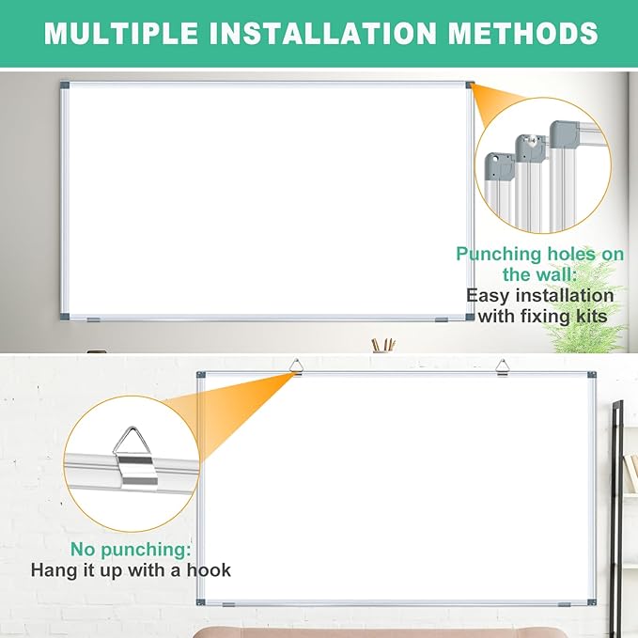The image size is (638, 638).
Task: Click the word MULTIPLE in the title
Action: click(120, 34)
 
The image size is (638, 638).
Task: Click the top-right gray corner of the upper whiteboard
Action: click(467, 86)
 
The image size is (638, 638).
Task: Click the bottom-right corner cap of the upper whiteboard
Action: click(467, 318)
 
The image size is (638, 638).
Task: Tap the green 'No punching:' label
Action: click(131, 548)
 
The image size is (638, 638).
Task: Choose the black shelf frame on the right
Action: click(617, 470)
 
